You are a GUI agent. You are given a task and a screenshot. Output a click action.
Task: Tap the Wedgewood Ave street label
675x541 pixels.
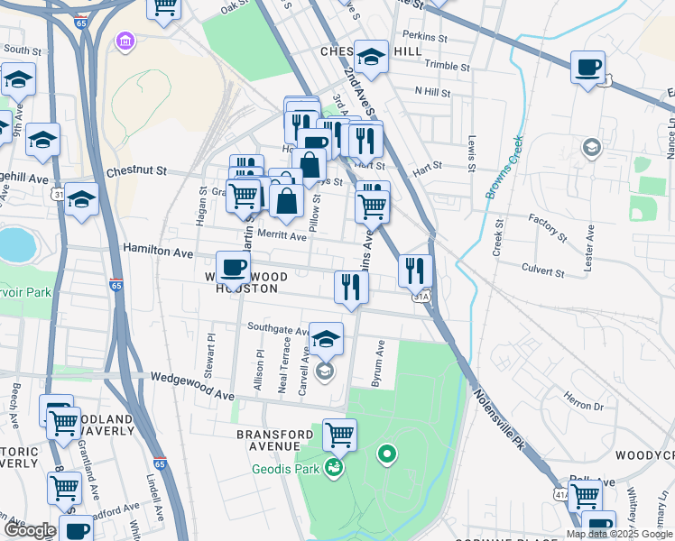point(192,387)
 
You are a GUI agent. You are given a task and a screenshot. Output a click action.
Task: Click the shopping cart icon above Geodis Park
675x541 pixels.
point(340,435)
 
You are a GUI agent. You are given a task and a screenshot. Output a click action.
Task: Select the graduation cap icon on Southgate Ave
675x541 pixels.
point(326,338)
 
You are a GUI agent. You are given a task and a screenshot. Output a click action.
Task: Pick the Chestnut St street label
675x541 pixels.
point(136,170)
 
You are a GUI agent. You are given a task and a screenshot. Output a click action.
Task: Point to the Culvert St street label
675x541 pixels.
point(542,270)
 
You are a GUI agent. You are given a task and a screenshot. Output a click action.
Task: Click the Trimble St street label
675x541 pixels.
point(448,66)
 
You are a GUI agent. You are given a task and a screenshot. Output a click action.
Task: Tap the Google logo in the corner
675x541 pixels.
point(29,529)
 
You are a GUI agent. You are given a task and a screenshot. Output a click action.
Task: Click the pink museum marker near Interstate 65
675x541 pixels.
point(124,42)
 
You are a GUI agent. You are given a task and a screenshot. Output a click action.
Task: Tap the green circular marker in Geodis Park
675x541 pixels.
point(387,454)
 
